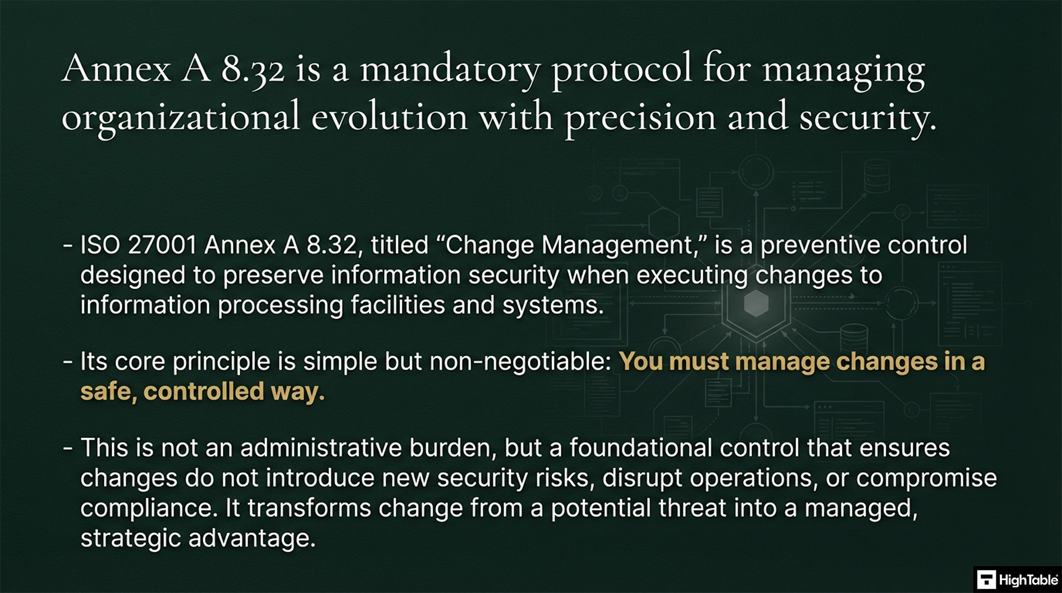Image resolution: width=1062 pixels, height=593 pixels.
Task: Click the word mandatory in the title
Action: (450, 70)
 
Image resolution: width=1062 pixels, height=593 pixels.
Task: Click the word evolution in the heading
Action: (389, 117)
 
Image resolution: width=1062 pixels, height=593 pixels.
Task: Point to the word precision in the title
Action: (640, 117)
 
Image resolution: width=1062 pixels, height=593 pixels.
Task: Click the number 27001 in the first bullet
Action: (162, 245)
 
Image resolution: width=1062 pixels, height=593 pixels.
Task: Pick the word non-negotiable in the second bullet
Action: (520, 362)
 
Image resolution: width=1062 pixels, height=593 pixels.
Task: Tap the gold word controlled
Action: (204, 392)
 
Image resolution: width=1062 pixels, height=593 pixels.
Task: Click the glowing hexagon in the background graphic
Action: (756, 304)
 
